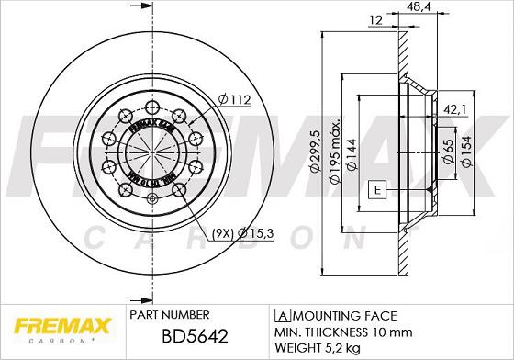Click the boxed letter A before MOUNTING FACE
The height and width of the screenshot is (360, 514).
click(x=278, y=314)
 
